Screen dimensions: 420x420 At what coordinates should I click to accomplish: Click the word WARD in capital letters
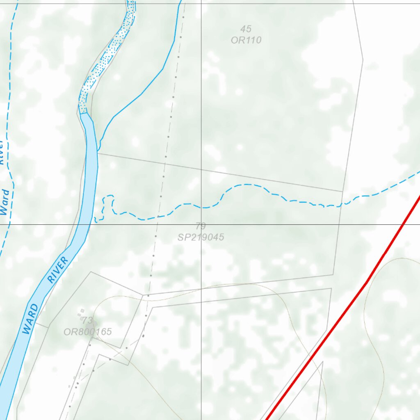coord(32,319)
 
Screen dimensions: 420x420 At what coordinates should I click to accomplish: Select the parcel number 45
coord(246,29)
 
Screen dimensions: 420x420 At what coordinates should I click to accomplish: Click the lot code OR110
coord(246,40)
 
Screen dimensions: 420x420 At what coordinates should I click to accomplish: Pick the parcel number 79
coord(201,226)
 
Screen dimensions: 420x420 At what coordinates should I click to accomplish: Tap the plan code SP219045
coord(201,237)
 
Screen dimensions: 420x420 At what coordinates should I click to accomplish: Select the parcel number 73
coord(87,320)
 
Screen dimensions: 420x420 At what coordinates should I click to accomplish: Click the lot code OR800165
coord(87,331)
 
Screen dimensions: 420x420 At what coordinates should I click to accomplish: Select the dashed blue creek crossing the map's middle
coord(246,185)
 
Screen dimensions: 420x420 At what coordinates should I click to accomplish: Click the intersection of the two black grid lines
coord(201,224)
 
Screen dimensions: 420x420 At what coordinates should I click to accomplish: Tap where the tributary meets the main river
coord(98,149)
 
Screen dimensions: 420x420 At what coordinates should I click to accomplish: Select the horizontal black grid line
coord(287,224)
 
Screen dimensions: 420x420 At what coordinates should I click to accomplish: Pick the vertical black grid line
coord(201,103)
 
